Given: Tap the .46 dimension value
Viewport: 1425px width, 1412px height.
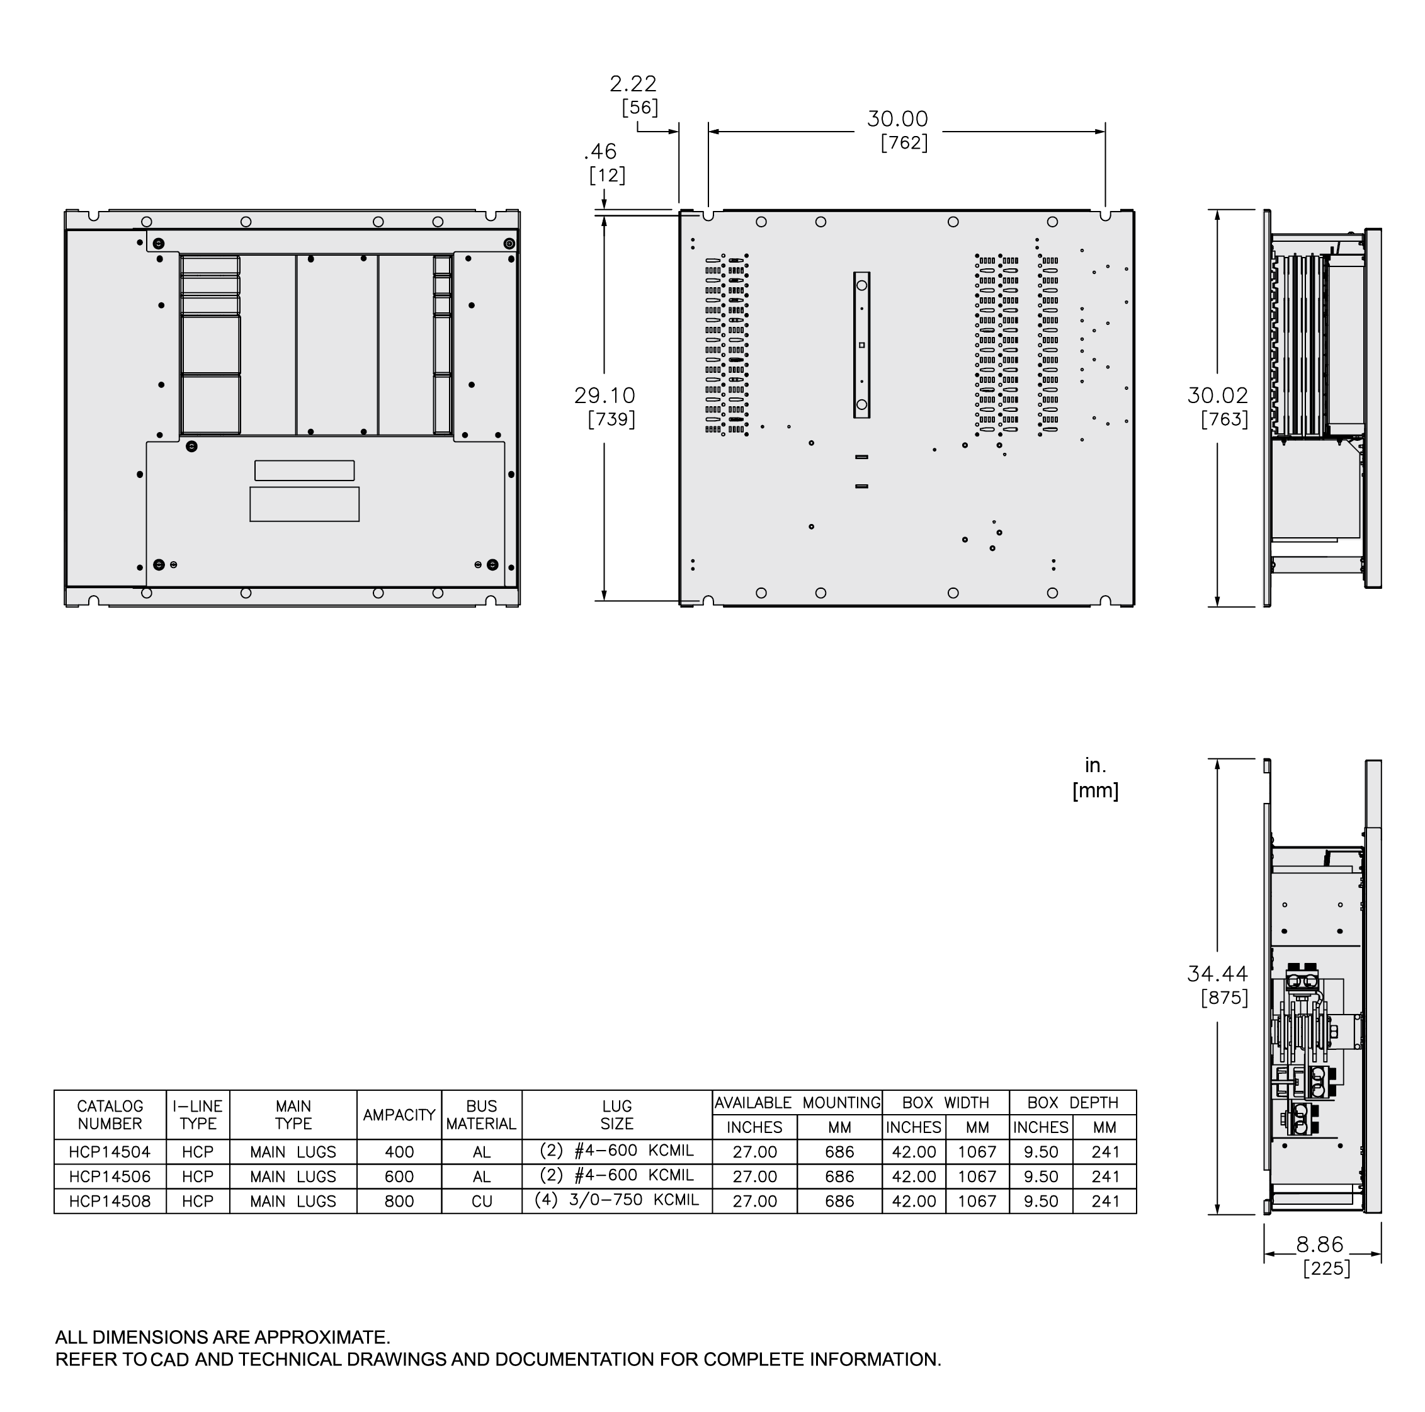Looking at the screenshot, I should (x=600, y=152).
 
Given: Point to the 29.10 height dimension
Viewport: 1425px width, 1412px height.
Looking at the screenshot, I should (x=605, y=396).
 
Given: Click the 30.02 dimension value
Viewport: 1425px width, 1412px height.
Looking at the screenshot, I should (x=1218, y=396).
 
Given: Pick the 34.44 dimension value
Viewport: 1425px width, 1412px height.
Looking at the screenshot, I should (x=1218, y=974).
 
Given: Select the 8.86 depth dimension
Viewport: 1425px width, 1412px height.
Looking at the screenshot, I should (x=1320, y=1244).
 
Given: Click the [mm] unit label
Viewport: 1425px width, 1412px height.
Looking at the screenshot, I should (x=1095, y=791).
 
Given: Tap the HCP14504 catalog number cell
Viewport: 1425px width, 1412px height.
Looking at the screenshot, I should (x=110, y=1152).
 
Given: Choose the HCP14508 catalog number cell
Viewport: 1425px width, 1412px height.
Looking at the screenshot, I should (x=110, y=1201).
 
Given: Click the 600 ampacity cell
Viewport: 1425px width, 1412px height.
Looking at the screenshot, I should (x=399, y=1176).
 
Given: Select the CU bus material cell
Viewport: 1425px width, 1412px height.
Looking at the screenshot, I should (x=482, y=1201).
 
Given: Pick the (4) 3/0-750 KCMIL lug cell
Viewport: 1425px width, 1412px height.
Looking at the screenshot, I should (x=616, y=1200).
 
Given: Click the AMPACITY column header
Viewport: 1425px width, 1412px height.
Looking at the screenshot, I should (x=399, y=1115).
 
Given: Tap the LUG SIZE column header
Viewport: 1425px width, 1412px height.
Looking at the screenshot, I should (x=616, y=1115).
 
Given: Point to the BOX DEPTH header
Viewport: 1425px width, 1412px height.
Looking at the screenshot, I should (x=1072, y=1103).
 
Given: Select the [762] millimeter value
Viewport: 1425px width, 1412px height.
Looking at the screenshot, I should (x=904, y=142).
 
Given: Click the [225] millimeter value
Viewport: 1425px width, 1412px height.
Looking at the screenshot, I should (x=1326, y=1268).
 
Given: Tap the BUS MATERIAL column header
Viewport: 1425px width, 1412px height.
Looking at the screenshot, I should (x=482, y=1115).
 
